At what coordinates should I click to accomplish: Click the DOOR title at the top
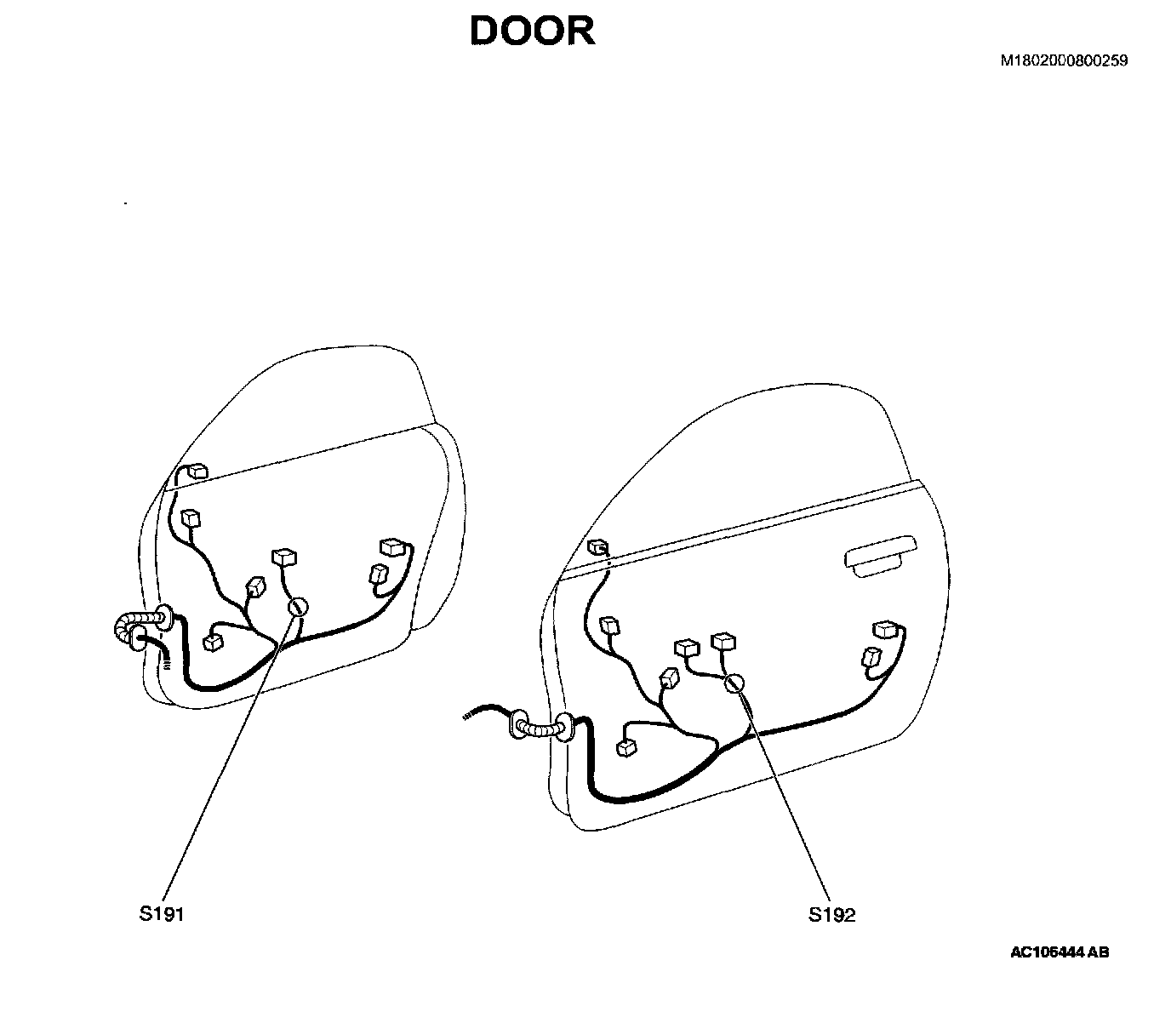[532, 31]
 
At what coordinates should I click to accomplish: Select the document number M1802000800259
[1064, 60]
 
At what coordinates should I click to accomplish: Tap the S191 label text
[161, 914]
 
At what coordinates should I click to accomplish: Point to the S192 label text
[831, 915]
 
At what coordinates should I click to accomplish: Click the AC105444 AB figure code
[1060, 952]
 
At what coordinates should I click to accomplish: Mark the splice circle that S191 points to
[298, 607]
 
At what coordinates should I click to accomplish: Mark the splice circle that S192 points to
[734, 683]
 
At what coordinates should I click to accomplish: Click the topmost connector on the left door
[197, 471]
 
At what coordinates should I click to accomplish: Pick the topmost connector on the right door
[599, 546]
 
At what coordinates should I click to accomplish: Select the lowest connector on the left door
[214, 641]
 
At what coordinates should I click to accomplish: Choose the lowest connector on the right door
[627, 746]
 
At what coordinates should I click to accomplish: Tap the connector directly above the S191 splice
[284, 557]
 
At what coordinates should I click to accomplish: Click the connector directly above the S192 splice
[723, 641]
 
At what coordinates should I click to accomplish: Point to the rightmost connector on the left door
[392, 547]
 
